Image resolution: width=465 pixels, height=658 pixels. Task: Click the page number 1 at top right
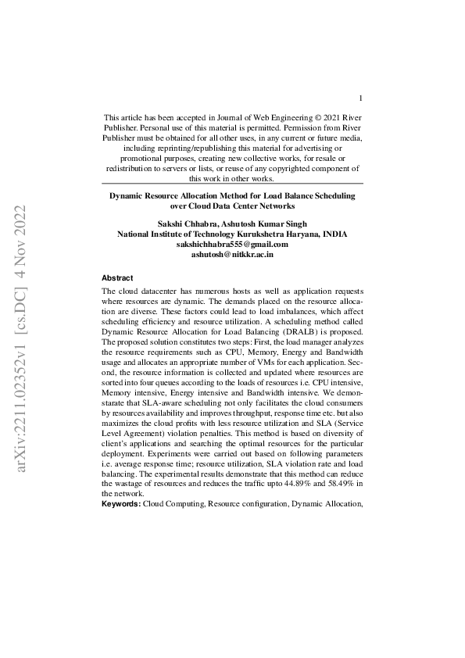coord(360,98)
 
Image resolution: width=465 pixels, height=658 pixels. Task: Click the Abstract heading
coord(117,278)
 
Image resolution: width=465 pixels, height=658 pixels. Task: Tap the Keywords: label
coord(121,505)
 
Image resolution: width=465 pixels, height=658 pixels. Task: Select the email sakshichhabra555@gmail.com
coord(231,244)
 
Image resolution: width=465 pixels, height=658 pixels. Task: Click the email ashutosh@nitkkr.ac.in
coord(232,254)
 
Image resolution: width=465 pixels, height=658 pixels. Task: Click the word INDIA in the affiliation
coord(332,234)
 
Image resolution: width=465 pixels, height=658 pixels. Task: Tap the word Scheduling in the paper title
coord(329,195)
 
